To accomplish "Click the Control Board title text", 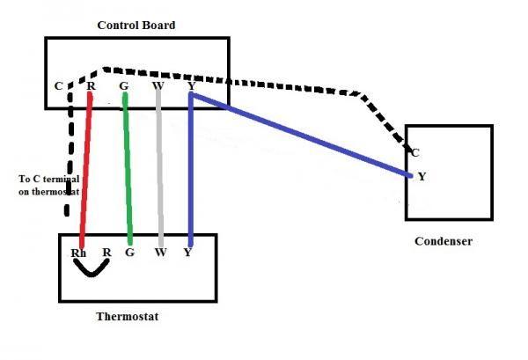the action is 136,25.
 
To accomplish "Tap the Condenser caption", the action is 444,241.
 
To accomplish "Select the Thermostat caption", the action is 128,316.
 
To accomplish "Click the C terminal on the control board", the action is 59,86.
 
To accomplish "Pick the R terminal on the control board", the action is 92,86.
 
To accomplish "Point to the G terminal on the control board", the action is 124,86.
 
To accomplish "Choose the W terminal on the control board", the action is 158,86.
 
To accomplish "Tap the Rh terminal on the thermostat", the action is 78,253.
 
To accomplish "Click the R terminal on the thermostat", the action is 106,253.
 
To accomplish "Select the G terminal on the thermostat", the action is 129,253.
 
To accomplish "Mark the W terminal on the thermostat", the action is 161,253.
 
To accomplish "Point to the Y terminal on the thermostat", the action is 188,253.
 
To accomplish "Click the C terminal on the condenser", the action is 415,153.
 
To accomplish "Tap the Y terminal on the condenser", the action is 422,176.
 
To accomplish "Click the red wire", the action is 85,170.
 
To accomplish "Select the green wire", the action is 128,168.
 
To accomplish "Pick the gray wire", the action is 159,166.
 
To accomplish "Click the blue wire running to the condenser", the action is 301,135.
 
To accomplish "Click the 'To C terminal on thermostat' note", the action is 49,185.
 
